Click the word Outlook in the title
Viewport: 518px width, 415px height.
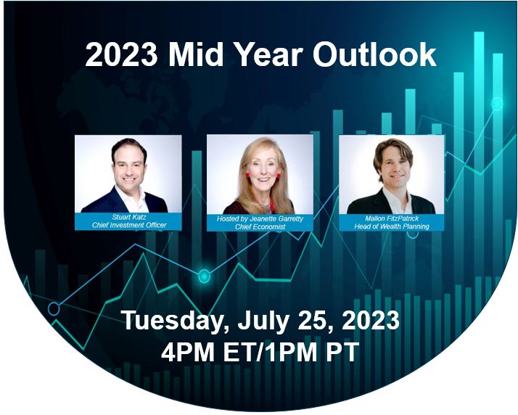tap(374, 55)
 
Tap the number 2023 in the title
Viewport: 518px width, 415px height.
tap(121, 55)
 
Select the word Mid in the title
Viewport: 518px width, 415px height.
tap(196, 55)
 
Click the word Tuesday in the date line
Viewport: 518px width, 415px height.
tap(172, 321)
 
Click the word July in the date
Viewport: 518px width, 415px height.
tap(263, 321)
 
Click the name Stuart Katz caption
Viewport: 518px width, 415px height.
tap(129, 217)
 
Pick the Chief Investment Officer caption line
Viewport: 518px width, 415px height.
tap(129, 225)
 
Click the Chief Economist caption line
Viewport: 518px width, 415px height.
tap(260, 226)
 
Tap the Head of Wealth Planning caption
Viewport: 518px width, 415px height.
tap(392, 226)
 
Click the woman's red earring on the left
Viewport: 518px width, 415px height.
tap(247, 175)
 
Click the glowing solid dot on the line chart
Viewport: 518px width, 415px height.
tap(204, 276)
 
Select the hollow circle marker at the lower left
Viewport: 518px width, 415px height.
tap(54, 309)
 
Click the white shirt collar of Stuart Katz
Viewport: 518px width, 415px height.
tap(131, 198)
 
